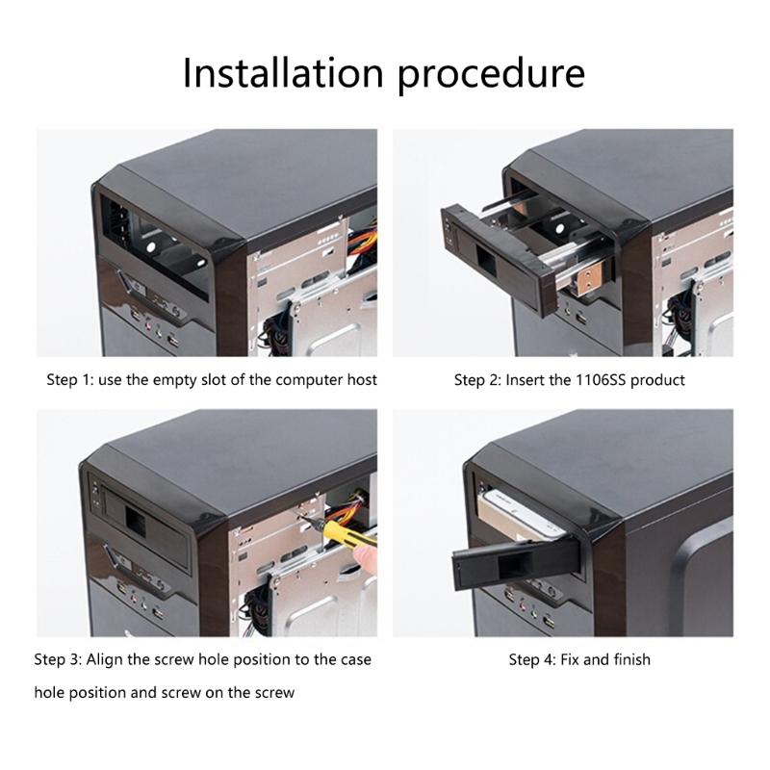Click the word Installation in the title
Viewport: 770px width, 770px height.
tap(283, 73)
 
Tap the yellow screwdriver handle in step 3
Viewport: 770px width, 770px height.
tap(346, 534)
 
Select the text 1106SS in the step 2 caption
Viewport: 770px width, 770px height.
tap(600, 379)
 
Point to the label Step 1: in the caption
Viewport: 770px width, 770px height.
tap(69, 379)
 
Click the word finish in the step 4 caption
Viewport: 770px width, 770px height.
tap(632, 659)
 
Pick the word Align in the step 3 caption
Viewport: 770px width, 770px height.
tap(105, 659)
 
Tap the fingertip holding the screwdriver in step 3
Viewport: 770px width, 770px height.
tap(366, 558)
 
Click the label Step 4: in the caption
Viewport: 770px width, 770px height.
tap(532, 659)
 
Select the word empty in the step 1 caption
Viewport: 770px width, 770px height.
tap(174, 380)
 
